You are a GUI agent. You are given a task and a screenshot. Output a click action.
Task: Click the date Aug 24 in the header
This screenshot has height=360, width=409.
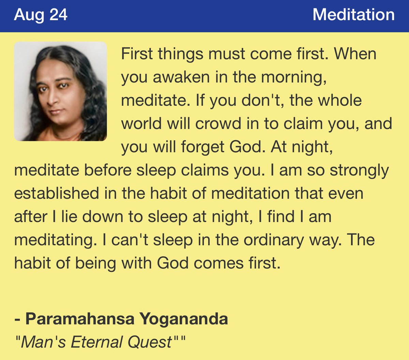coord(41,15)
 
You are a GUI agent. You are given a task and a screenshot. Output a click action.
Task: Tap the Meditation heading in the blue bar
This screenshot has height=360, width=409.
coord(353,15)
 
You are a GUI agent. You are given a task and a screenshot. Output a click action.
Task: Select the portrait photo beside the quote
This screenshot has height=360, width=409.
coord(60,91)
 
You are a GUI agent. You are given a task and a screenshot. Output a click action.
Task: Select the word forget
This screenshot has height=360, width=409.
coord(203,147)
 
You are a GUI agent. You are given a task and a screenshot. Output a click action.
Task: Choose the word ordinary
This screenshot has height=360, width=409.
coord(275,240)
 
